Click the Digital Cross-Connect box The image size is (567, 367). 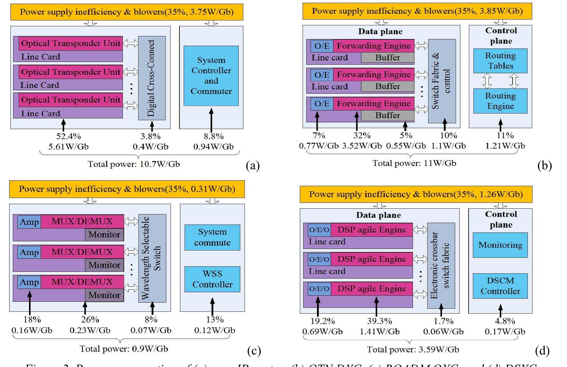pyautogui.click(x=152, y=78)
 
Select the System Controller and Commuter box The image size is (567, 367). pyautogui.click(x=211, y=76)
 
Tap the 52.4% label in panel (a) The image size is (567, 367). pyautogui.click(x=68, y=136)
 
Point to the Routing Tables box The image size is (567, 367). pyautogui.click(x=500, y=61)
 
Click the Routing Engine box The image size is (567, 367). pyautogui.click(x=500, y=101)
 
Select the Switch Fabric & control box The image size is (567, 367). pyautogui.click(x=442, y=81)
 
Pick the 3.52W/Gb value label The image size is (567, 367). pyautogui.click(x=362, y=146)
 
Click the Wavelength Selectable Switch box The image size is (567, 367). pyautogui.click(x=152, y=258)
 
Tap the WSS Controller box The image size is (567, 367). pyautogui.click(x=212, y=279)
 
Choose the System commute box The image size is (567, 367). pyautogui.click(x=212, y=237)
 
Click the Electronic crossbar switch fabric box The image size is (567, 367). pyautogui.click(x=441, y=265)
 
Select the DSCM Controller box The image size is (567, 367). pyautogui.click(x=500, y=286)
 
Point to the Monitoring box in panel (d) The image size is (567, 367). pyautogui.click(x=500, y=245)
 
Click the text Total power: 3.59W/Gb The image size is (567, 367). pyautogui.click(x=413, y=350)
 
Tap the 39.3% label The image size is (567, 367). pyautogui.click(x=379, y=321)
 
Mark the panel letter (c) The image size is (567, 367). pyautogui.click(x=254, y=351)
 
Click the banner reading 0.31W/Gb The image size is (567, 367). pyautogui.click(x=127, y=189)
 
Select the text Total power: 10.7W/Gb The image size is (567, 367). pyautogui.click(x=134, y=164)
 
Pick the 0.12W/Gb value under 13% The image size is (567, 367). pyautogui.click(x=215, y=330)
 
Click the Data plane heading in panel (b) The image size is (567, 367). pyautogui.click(x=380, y=31)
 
